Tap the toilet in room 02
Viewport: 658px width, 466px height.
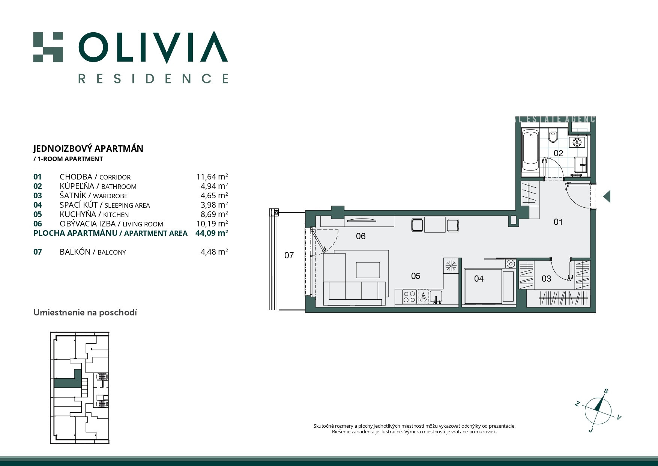click(x=553, y=136)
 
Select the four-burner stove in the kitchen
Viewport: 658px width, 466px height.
click(x=409, y=297)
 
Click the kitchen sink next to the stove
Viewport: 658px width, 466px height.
click(x=436, y=297)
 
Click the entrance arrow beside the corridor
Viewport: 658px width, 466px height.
click(x=607, y=196)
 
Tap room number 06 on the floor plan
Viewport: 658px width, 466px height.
click(x=361, y=236)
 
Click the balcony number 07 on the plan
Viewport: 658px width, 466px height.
click(x=289, y=256)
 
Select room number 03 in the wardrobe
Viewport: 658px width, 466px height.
click(x=546, y=279)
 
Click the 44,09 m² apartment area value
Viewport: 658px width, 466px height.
click(x=212, y=233)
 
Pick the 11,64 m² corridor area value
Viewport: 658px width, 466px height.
click(x=212, y=176)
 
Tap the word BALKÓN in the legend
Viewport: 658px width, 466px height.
click(x=75, y=252)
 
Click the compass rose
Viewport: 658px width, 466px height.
click(x=598, y=410)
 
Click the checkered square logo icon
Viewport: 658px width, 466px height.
click(x=48, y=47)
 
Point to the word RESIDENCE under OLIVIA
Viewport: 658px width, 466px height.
click(x=153, y=78)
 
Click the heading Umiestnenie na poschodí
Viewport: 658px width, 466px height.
click(x=85, y=312)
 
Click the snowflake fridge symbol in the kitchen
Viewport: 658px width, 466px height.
click(x=451, y=265)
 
